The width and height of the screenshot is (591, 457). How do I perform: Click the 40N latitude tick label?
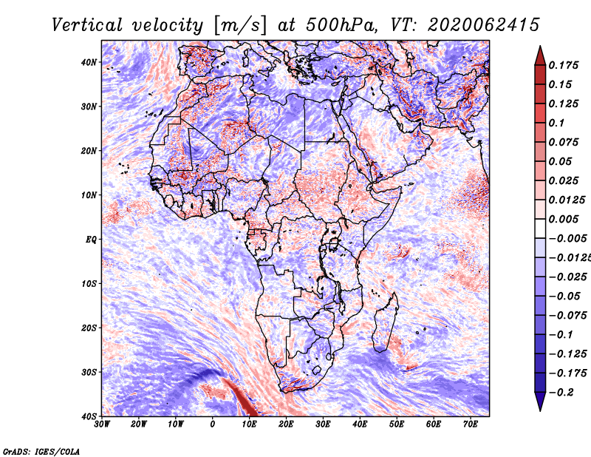coord(89,62)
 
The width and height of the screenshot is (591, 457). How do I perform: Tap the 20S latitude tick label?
coord(89,328)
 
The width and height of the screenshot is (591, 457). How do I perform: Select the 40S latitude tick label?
coord(89,416)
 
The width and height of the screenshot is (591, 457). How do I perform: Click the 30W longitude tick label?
coord(102,424)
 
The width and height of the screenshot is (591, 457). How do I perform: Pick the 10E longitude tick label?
coord(249,424)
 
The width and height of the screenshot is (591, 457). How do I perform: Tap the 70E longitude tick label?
coord(470,424)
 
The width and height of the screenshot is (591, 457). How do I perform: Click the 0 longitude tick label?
coord(213,424)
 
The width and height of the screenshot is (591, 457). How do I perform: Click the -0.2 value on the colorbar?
coord(559,392)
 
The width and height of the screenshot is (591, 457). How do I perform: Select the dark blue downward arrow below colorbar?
coord(539,402)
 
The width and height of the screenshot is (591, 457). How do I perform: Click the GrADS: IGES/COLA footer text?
coord(41,450)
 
